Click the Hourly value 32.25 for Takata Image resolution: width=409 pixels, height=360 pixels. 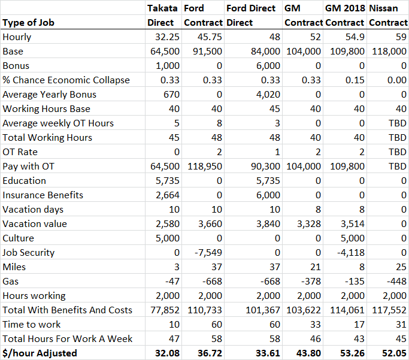(x=167, y=37)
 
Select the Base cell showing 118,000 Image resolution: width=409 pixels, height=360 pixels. (x=389, y=52)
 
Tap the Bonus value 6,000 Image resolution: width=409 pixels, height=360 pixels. (x=268, y=66)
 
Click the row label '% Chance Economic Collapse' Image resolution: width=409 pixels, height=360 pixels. (x=66, y=80)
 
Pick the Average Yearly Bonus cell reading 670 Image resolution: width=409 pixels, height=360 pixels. (x=171, y=95)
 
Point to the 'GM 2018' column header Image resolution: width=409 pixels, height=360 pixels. (x=345, y=8)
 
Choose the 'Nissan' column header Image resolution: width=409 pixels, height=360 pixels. (x=383, y=8)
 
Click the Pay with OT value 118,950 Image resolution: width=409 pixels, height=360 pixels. (x=205, y=166)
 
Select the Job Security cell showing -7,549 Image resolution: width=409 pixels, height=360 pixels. (x=208, y=253)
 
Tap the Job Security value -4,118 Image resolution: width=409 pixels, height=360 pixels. (x=350, y=253)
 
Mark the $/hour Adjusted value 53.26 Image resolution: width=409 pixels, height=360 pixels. (x=352, y=353)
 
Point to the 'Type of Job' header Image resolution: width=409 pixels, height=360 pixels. (x=28, y=23)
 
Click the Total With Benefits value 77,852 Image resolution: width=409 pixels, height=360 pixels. (x=165, y=310)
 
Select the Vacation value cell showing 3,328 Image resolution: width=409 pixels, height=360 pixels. (x=309, y=224)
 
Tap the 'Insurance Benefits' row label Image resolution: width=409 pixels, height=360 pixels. (x=43, y=195)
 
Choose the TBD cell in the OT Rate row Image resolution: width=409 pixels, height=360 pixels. (x=398, y=152)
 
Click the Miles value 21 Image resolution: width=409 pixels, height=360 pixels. (x=316, y=267)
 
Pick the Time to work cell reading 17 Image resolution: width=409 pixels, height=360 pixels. (x=359, y=324)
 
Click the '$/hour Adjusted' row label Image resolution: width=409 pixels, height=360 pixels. (x=40, y=353)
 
